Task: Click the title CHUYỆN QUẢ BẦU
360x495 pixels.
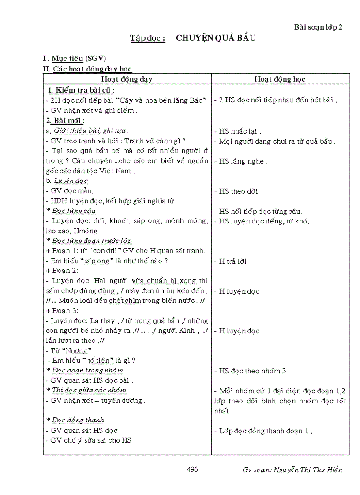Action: (x=216, y=38)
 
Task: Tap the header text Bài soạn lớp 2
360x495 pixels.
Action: (x=318, y=27)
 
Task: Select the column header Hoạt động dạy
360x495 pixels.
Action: (x=127, y=79)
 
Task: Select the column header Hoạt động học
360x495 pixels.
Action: (x=280, y=79)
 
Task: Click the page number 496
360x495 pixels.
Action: (x=192, y=469)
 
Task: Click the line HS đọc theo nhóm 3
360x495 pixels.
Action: (x=252, y=371)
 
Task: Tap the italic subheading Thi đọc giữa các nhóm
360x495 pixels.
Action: (x=89, y=390)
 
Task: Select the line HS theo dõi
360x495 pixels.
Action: (x=239, y=191)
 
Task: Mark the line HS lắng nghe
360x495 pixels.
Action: (x=242, y=161)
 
